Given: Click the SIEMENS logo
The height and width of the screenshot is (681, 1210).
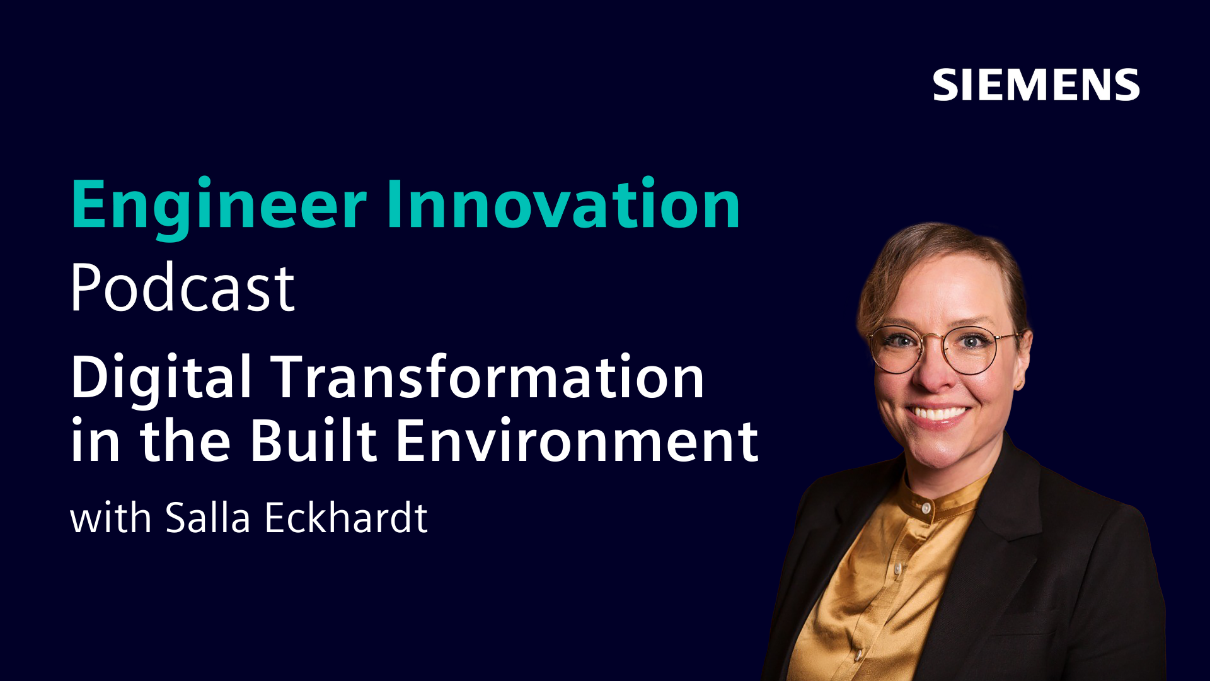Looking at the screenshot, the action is coord(1036,85).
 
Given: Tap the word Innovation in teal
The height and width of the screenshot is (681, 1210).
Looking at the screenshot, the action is coord(563,204).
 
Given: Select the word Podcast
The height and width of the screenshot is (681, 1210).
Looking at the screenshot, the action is coord(182,288).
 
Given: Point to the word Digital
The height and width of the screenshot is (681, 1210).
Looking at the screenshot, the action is coord(161,380).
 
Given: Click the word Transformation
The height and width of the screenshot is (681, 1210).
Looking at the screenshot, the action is coord(488,376).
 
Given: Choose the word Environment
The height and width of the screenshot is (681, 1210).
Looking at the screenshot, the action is coord(577,441).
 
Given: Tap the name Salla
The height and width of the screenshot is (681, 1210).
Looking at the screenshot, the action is coord(208,518).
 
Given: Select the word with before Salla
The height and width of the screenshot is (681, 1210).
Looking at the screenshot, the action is coord(111,518).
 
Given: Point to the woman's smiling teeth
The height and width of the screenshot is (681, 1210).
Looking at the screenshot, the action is coord(937,414).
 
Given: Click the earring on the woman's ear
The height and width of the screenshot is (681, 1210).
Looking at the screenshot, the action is coord(1018,383).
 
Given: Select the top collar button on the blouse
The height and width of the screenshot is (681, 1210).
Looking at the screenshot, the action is coord(926,507).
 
